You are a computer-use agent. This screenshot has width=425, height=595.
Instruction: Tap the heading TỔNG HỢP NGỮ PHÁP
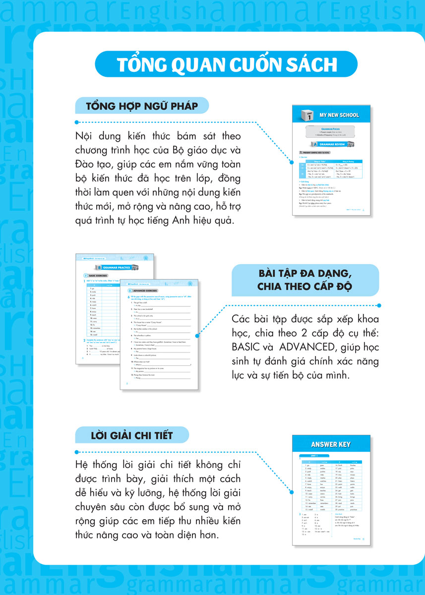pyautogui.click(x=142, y=107)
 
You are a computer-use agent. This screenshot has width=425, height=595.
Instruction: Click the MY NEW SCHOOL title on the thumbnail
pyautogui.click(x=339, y=115)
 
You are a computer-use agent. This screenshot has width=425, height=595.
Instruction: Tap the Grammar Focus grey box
pyautogui.click(x=332, y=131)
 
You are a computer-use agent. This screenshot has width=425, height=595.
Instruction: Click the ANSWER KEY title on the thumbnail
pyautogui.click(x=331, y=444)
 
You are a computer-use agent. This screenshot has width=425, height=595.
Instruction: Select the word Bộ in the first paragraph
pyautogui.click(x=180, y=149)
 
